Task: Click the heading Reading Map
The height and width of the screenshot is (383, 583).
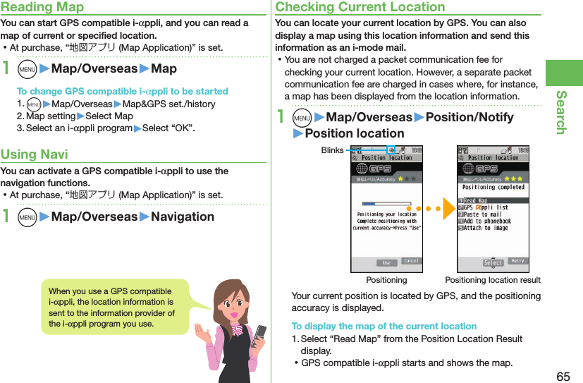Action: click(x=42, y=7)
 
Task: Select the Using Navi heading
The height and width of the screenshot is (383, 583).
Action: click(x=35, y=154)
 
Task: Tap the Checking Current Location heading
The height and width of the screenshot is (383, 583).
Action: click(x=360, y=7)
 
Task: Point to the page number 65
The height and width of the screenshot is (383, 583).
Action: click(x=563, y=376)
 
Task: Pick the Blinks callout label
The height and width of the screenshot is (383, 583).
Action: click(x=332, y=150)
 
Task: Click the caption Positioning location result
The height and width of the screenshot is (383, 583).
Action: click(x=492, y=280)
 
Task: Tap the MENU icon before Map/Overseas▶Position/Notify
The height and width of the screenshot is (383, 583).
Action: click(x=302, y=118)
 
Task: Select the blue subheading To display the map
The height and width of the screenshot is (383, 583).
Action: click(x=383, y=326)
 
